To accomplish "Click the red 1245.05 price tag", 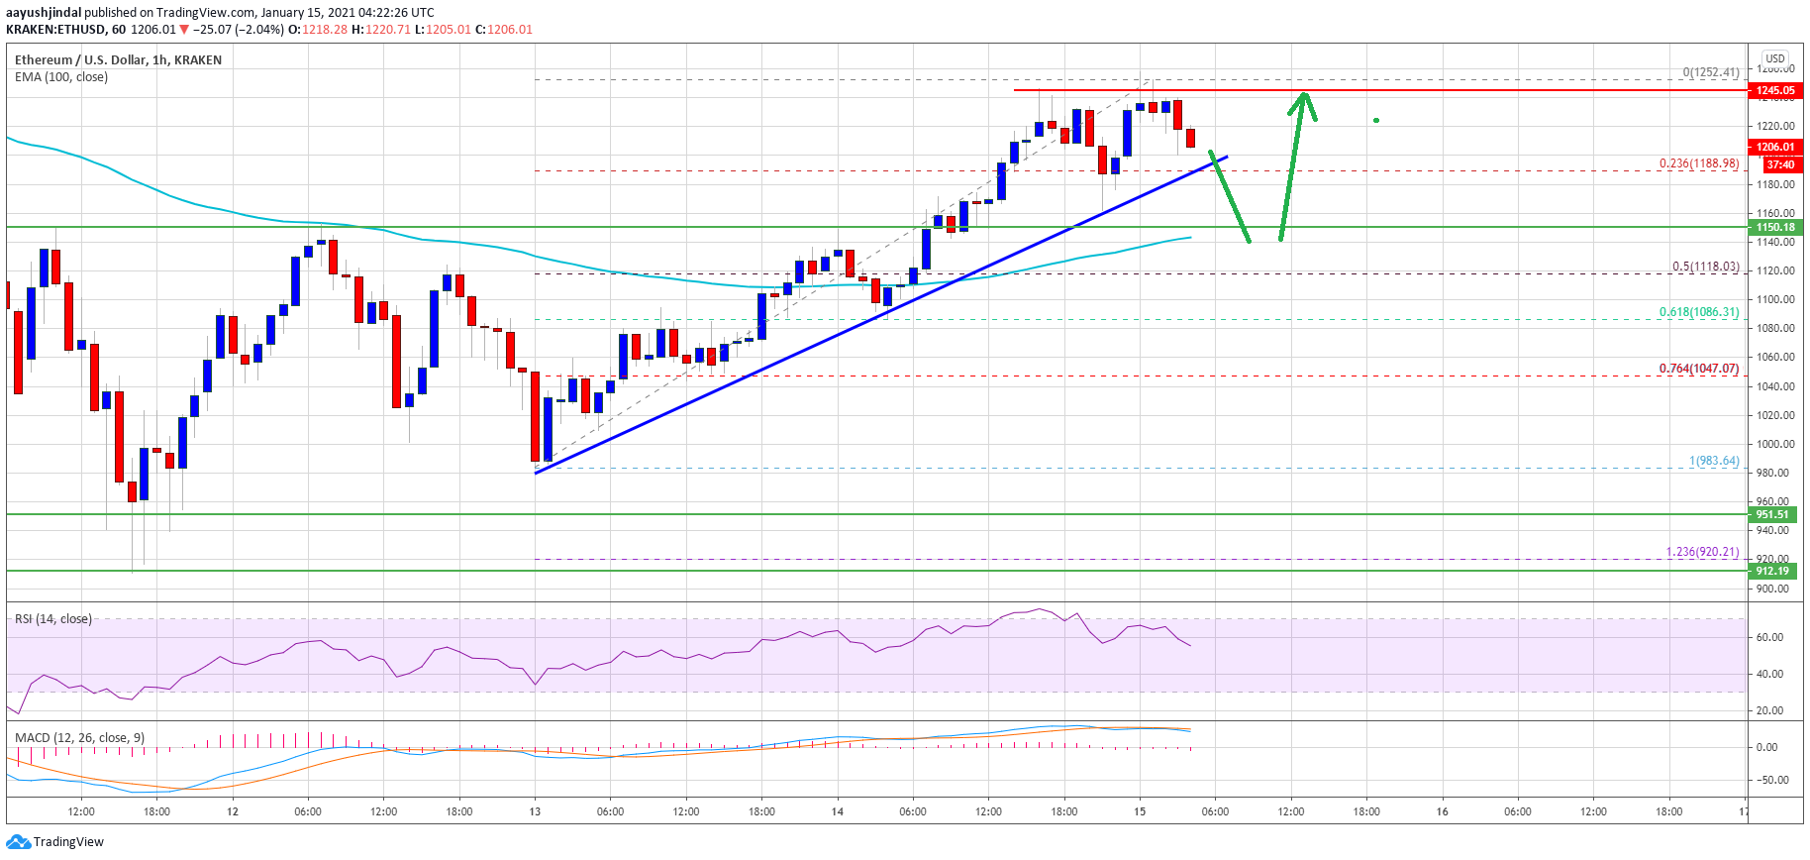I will coord(1775,90).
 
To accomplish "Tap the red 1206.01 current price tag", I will coord(1775,147).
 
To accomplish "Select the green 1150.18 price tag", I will coord(1775,227).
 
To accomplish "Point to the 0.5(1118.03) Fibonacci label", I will coord(1705,267).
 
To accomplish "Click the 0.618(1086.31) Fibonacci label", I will coord(1698,312).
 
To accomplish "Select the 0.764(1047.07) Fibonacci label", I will coord(1698,369).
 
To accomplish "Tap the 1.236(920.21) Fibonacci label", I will coord(1701,552).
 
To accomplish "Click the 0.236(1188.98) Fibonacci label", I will coord(1698,163).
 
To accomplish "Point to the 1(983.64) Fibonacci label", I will coord(1713,461).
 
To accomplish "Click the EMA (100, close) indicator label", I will coord(61,77).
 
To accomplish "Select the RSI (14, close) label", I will coord(53,619).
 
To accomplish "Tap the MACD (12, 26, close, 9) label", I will coord(79,738).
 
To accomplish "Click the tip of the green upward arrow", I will coord(1305,93).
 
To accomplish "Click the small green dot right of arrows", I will coord(1375,121).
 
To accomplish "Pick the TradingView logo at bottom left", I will coord(54,842).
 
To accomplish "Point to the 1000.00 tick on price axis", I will coord(1775,444).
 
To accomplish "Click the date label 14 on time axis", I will coord(837,811).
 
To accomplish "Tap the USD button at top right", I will coord(1775,58).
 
